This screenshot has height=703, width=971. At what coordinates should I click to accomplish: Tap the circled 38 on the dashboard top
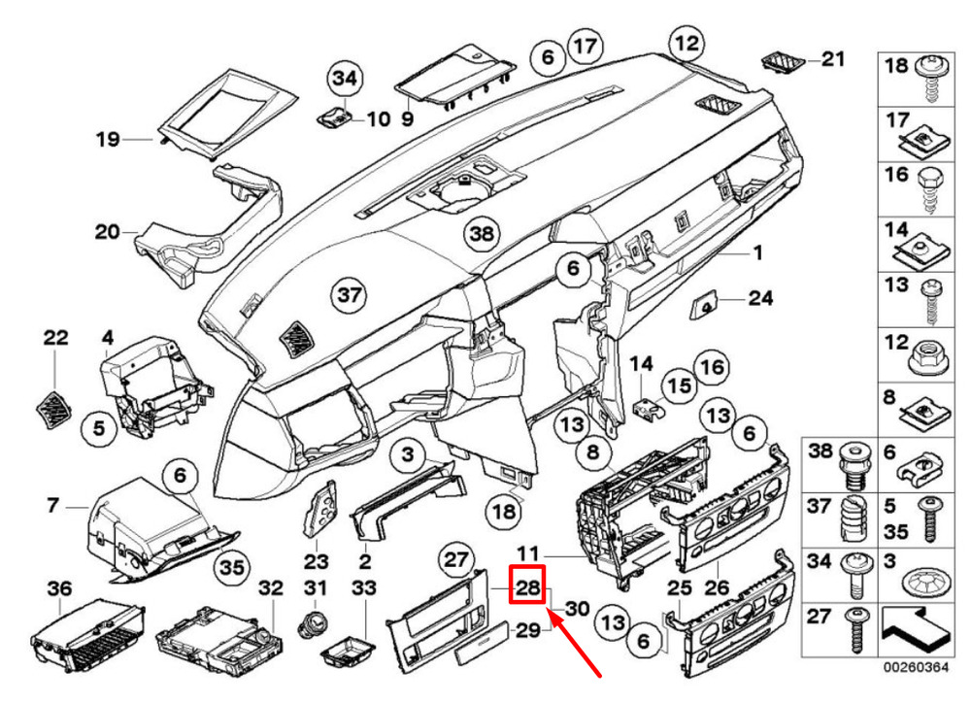coord(480,234)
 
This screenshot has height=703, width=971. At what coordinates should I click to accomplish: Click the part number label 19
coord(107,141)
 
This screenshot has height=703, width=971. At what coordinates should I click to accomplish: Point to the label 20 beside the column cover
coord(107,232)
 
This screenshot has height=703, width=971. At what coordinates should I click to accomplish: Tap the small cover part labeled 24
coord(701,307)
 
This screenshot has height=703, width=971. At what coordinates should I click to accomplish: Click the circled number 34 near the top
coord(343,76)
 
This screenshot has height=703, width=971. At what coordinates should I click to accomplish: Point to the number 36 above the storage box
coord(60,587)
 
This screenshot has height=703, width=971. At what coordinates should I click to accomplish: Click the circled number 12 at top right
coord(686,44)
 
